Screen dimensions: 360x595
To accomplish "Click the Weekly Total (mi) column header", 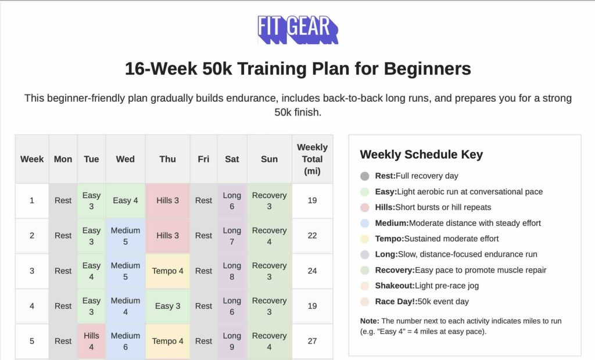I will tap(312, 159).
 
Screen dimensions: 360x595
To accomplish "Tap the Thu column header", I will tap(167, 159).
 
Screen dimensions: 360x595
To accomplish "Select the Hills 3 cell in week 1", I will tap(167, 200).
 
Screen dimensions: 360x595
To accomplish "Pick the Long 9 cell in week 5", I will tap(232, 341).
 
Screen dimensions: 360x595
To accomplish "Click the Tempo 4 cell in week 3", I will tap(167, 271).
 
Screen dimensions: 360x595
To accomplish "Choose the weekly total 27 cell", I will tap(312, 341).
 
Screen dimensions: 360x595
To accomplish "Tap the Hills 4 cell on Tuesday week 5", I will tap(91, 341).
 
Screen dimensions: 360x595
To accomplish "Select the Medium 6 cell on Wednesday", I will tap(126, 341).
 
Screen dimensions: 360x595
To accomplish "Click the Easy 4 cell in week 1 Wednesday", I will tap(126, 200).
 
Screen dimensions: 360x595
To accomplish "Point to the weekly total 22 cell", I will tap(312, 235).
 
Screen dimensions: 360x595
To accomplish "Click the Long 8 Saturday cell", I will tap(232, 271).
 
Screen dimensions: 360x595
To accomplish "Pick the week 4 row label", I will tap(32, 306).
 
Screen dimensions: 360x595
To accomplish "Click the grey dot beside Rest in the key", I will tap(365, 176).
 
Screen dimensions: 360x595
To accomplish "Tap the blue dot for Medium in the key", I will tap(365, 223).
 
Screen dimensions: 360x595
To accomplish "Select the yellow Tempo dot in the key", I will tap(365, 239).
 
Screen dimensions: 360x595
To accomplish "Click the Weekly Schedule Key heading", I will tap(421, 154).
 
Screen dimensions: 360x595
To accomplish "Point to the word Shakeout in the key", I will tap(395, 286).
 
